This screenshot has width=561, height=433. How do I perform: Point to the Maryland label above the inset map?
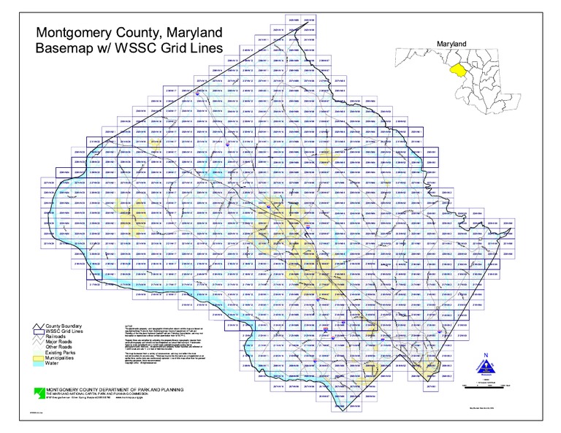pyautogui.click(x=451, y=45)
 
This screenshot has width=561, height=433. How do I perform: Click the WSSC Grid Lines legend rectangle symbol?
pyautogui.click(x=39, y=332)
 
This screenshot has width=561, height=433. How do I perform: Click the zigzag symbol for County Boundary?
pyautogui.click(x=39, y=326)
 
